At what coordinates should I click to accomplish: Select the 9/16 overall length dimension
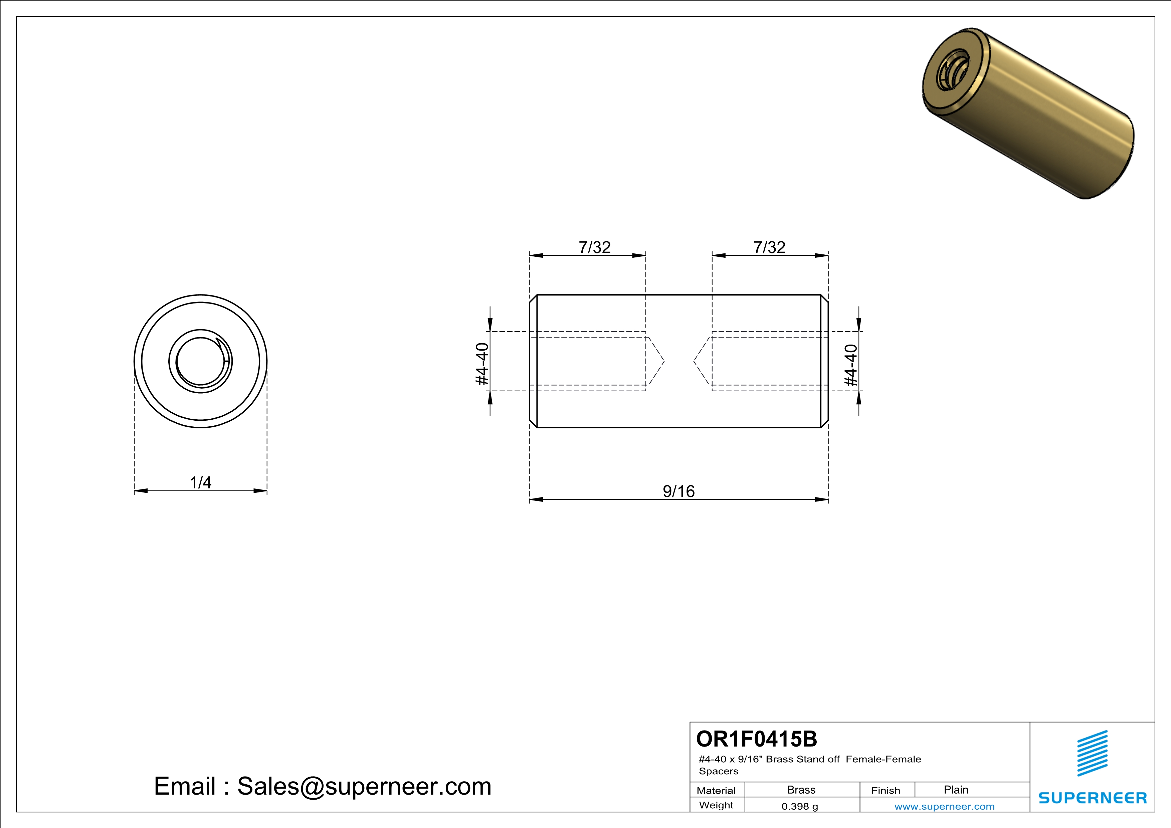point(678,491)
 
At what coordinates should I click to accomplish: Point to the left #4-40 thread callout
point(482,364)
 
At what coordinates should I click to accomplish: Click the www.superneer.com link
point(944,806)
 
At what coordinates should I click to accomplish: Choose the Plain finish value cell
point(956,790)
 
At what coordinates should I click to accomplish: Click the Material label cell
point(716,790)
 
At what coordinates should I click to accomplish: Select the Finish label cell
point(886,790)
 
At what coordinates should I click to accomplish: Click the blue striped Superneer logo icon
point(1092,753)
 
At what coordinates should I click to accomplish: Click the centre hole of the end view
point(200,361)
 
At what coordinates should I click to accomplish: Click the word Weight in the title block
point(716,805)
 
